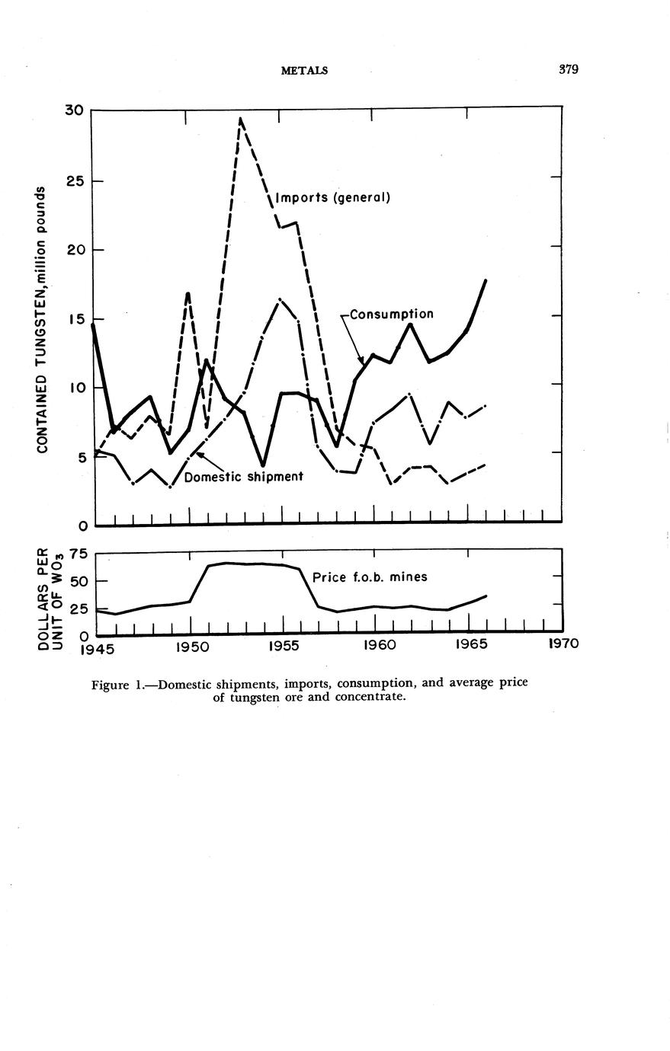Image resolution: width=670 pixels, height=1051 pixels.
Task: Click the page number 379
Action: pyautogui.click(x=568, y=70)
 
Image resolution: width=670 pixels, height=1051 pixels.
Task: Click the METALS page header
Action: pyautogui.click(x=304, y=71)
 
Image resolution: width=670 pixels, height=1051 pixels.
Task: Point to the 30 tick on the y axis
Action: pyautogui.click(x=73, y=110)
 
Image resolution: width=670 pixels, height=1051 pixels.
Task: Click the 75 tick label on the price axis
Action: pyautogui.click(x=79, y=554)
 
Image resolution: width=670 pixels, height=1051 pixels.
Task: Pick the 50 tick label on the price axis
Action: pyautogui.click(x=79, y=581)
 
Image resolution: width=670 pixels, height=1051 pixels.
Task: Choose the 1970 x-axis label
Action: pyautogui.click(x=564, y=644)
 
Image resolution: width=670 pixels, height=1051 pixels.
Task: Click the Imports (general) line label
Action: pyautogui.click(x=332, y=198)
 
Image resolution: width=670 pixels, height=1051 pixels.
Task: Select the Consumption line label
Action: pyautogui.click(x=392, y=314)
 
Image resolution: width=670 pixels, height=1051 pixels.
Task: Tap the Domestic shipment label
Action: pyautogui.click(x=243, y=477)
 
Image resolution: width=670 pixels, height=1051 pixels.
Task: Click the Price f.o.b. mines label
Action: pyautogui.click(x=370, y=577)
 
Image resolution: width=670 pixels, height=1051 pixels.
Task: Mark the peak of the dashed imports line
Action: pyautogui.click(x=241, y=119)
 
